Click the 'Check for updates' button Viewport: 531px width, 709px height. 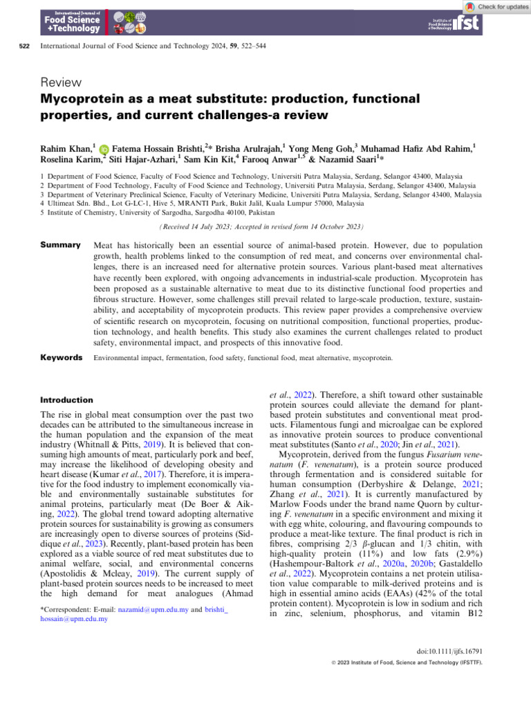(x=496, y=6)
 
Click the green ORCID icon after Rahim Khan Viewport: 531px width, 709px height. (x=104, y=149)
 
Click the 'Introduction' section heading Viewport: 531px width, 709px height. (x=67, y=400)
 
